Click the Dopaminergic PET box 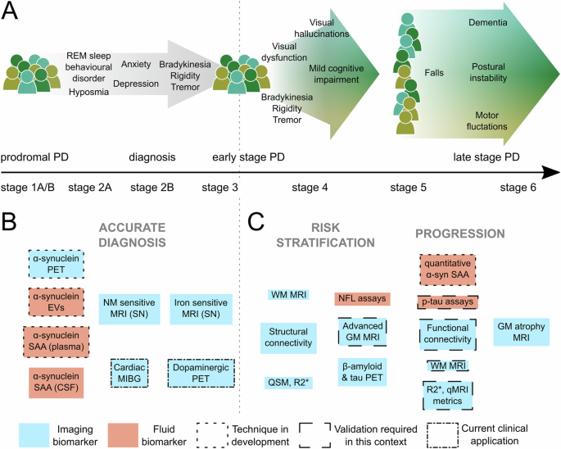coord(201,374)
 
